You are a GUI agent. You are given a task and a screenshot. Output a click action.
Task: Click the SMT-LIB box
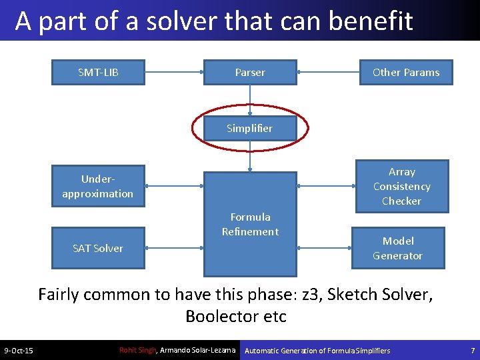[x=98, y=72]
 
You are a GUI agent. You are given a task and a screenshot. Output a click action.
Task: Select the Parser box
[x=250, y=72]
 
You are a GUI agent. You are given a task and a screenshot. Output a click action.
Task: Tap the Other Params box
[x=405, y=72]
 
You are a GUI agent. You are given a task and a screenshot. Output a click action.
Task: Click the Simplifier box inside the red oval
[x=249, y=128]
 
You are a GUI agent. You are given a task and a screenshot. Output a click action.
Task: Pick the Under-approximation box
[x=98, y=186]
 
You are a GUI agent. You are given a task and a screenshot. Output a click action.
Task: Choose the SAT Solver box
[x=98, y=248]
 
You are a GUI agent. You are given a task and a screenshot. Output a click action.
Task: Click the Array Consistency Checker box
[x=401, y=186]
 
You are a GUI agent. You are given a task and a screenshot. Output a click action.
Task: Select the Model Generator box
[x=397, y=248]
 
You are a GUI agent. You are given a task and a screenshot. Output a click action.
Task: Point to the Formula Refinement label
[x=250, y=224]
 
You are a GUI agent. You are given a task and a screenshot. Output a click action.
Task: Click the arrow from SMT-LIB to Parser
[x=174, y=72]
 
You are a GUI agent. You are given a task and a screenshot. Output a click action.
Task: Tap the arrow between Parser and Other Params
[x=327, y=72]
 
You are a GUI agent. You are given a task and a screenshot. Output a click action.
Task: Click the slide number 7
[x=471, y=350]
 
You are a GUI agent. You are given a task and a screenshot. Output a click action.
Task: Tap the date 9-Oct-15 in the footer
[x=19, y=351]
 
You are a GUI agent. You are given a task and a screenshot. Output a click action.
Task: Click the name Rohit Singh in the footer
[x=137, y=350]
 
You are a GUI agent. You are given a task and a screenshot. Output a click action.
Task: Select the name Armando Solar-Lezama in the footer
[x=198, y=350]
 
